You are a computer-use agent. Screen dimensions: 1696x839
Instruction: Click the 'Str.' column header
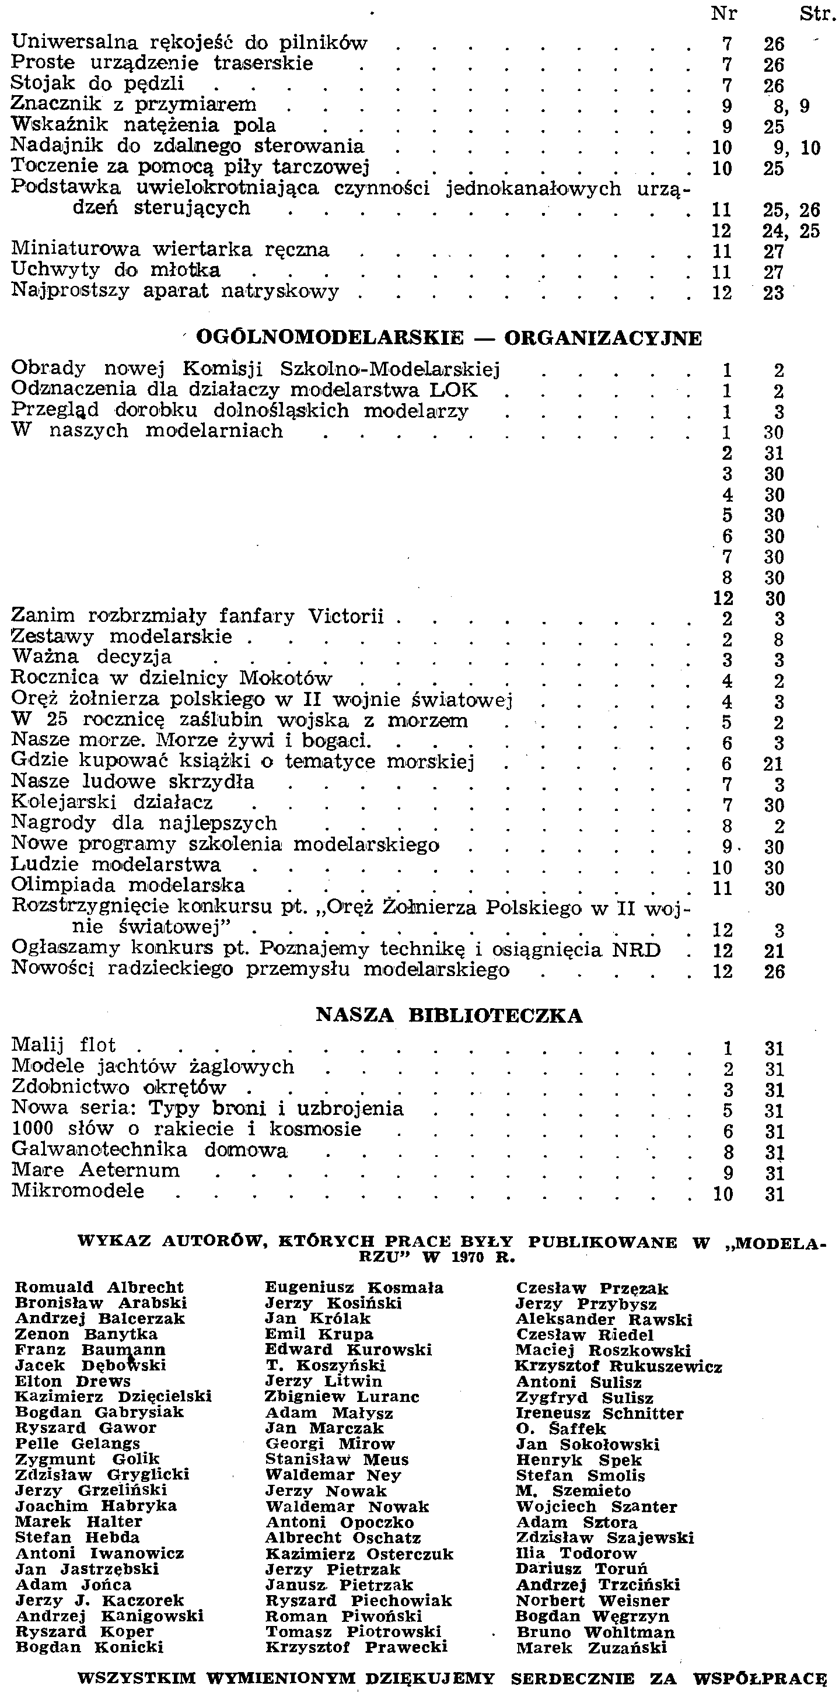(817, 13)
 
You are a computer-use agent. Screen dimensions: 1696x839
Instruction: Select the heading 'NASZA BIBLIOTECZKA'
(449, 1016)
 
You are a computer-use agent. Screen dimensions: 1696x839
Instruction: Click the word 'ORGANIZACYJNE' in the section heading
(603, 338)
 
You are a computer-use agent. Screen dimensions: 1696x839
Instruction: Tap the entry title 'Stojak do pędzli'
(98, 84)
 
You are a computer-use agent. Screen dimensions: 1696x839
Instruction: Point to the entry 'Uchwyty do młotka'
(116, 270)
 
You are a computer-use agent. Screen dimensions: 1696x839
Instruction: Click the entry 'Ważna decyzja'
(92, 657)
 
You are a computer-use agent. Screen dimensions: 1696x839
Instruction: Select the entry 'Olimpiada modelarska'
(128, 886)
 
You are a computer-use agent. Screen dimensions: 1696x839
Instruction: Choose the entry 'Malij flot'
(64, 1045)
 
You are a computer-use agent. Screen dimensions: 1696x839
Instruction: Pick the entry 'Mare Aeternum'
(96, 1170)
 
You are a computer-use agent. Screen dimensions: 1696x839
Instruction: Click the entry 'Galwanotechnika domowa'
(150, 1149)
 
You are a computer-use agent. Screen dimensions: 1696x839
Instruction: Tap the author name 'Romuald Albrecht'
(99, 1287)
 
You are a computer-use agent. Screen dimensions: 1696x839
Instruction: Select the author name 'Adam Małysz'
(329, 1413)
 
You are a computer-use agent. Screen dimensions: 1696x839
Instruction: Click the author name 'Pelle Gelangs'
(78, 1444)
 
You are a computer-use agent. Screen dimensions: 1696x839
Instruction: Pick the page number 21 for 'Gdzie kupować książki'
(774, 764)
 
